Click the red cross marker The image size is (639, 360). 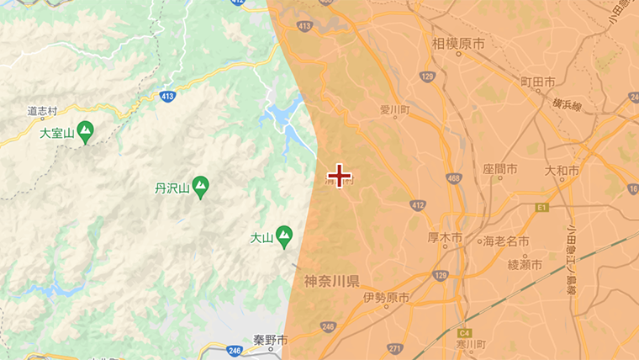tap(339, 175)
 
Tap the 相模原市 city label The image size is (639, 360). tap(458, 43)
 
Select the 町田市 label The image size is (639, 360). tap(538, 82)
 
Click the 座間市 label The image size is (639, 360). tap(500, 169)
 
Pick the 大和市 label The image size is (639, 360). tap(562, 171)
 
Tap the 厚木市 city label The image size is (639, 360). tap(445, 239)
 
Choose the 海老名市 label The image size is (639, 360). tap(506, 241)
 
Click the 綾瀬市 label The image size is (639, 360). tap(525, 265)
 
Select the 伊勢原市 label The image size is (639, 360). tap(387, 298)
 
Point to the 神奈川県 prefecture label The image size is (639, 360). tap(332, 281)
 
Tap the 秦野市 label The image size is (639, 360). tap(271, 341)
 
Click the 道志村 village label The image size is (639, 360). tap(42, 110)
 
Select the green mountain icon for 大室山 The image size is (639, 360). tap(85, 132)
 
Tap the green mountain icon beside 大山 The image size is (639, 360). tap(284, 236)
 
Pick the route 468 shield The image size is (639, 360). tap(455, 178)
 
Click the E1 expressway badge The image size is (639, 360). tap(541, 206)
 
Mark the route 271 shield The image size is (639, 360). tap(395, 347)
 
